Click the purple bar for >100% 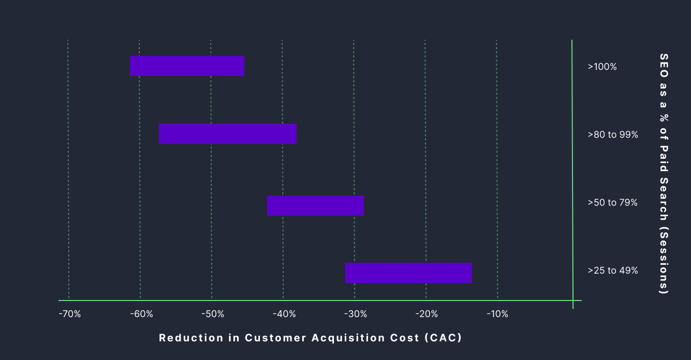coord(187,66)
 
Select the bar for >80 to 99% coord(228,133)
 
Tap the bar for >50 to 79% coord(315,205)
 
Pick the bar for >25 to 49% coord(408,273)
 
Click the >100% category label coord(602,67)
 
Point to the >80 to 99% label coord(613,135)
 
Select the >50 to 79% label coord(613,203)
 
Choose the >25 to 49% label coord(613,271)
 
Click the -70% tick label coord(69,314)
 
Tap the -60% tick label coord(141,314)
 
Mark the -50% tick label coord(212,314)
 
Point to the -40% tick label coord(284,314)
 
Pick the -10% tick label coord(498,314)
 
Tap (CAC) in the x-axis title coord(443,338)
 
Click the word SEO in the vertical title coord(664,65)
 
